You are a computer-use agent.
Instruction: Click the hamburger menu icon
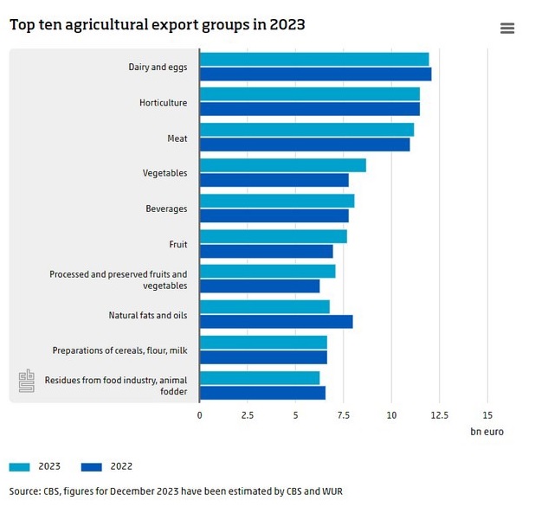click(507, 29)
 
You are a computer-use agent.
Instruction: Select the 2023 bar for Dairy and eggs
click(313, 59)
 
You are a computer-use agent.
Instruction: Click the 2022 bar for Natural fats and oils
click(275, 322)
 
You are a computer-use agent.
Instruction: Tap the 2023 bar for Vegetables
click(282, 165)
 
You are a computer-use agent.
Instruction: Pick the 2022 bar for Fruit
click(266, 251)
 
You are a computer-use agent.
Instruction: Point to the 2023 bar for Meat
click(306, 130)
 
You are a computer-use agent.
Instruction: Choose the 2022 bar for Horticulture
click(309, 109)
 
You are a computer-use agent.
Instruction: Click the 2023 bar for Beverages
click(276, 201)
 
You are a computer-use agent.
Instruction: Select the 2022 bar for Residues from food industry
click(262, 393)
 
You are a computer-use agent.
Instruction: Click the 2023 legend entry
click(35, 466)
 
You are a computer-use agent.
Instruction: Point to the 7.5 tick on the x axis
click(344, 415)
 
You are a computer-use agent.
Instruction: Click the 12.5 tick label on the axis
click(440, 415)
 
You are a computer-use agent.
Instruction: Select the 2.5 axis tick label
click(248, 415)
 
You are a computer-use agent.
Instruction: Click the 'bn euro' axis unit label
click(487, 431)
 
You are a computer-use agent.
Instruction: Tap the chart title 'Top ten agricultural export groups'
click(157, 24)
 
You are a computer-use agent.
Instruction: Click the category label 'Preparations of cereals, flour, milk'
click(119, 350)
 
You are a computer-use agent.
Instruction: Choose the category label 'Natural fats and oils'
click(147, 315)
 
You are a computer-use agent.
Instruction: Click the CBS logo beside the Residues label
click(28, 382)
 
